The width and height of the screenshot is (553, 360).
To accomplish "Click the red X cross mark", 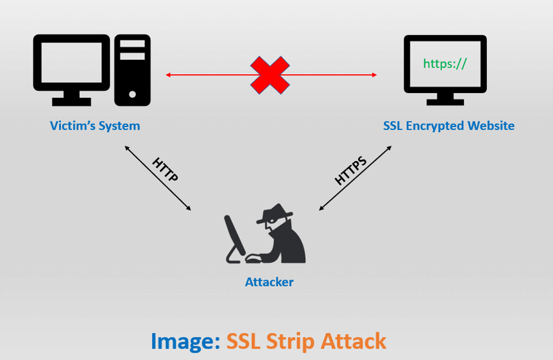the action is [270, 75].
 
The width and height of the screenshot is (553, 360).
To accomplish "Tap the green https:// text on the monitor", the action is [445, 63].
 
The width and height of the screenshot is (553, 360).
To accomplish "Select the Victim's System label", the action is [95, 125].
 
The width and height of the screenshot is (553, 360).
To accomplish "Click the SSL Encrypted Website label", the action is [448, 125].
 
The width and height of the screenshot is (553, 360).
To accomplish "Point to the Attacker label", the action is [269, 282].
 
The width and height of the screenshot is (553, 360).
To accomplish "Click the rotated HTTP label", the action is [165, 170].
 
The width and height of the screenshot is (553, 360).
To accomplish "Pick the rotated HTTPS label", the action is [351, 170].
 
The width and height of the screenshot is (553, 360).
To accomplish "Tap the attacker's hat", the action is [275, 213].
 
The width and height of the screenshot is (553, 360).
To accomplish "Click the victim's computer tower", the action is [132, 70].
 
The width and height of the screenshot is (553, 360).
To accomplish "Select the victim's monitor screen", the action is [72, 62].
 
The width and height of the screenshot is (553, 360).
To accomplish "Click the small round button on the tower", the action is [132, 94].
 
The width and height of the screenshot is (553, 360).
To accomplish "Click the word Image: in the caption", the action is [186, 341].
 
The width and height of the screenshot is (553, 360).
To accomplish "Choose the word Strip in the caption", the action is [290, 342].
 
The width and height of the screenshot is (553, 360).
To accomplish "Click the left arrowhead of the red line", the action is [168, 75].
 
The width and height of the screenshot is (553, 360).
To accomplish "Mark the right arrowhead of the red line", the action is [375, 75].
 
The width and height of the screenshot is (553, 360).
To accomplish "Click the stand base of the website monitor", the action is [445, 102].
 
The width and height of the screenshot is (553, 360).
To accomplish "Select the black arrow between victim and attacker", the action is [158, 178].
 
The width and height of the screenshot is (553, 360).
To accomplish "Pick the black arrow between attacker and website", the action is [355, 178].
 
